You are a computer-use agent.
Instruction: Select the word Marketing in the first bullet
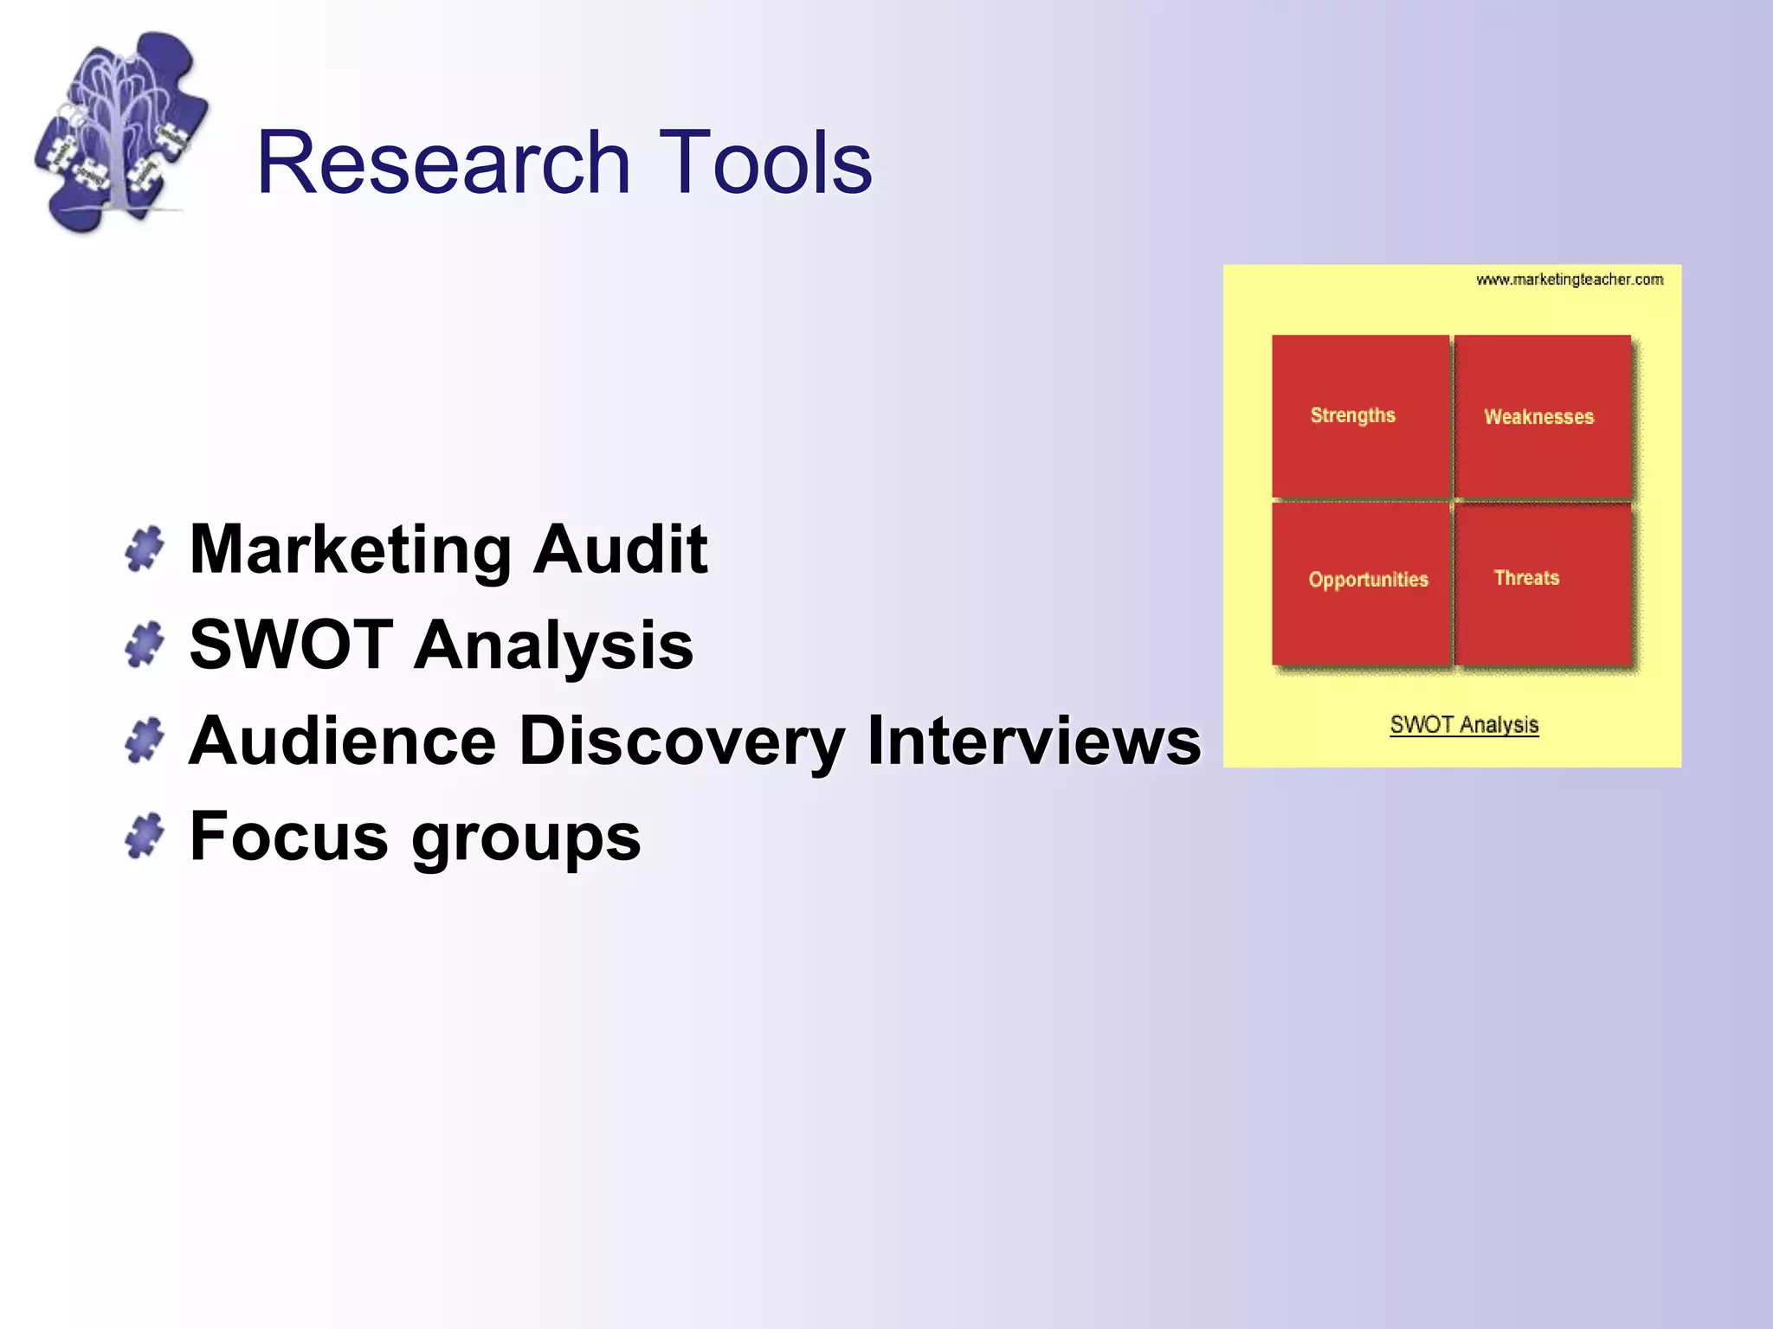tap(351, 550)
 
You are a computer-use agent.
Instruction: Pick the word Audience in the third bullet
tap(343, 741)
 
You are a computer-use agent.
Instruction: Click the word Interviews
tap(1034, 741)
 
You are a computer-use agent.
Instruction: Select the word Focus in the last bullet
tap(289, 837)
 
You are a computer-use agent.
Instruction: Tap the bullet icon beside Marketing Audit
tap(145, 549)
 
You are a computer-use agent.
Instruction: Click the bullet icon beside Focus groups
tap(145, 836)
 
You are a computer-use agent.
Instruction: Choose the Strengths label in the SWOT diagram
tap(1352, 415)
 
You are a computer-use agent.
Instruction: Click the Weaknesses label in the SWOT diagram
tap(1538, 417)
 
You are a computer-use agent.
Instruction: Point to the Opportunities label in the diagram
tap(1368, 580)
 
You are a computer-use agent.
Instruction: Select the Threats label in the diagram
tap(1526, 578)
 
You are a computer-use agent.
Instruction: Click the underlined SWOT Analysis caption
tap(1464, 725)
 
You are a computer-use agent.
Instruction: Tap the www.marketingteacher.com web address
tap(1569, 279)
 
